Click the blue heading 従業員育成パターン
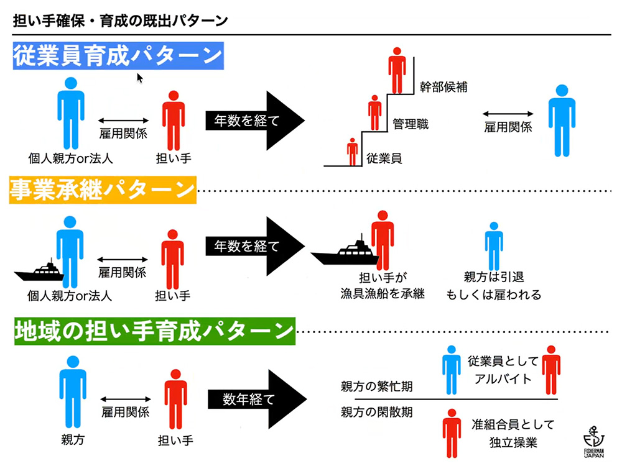pos(118,57)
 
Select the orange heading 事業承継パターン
pos(103,190)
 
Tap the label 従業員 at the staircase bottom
pos(384,158)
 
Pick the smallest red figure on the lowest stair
pos(353,152)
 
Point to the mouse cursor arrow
pos(140,78)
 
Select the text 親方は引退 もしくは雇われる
pos(494,286)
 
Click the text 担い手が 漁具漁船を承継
pos(382,286)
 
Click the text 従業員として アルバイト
pos(499,370)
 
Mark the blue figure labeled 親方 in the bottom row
pos(73,391)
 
